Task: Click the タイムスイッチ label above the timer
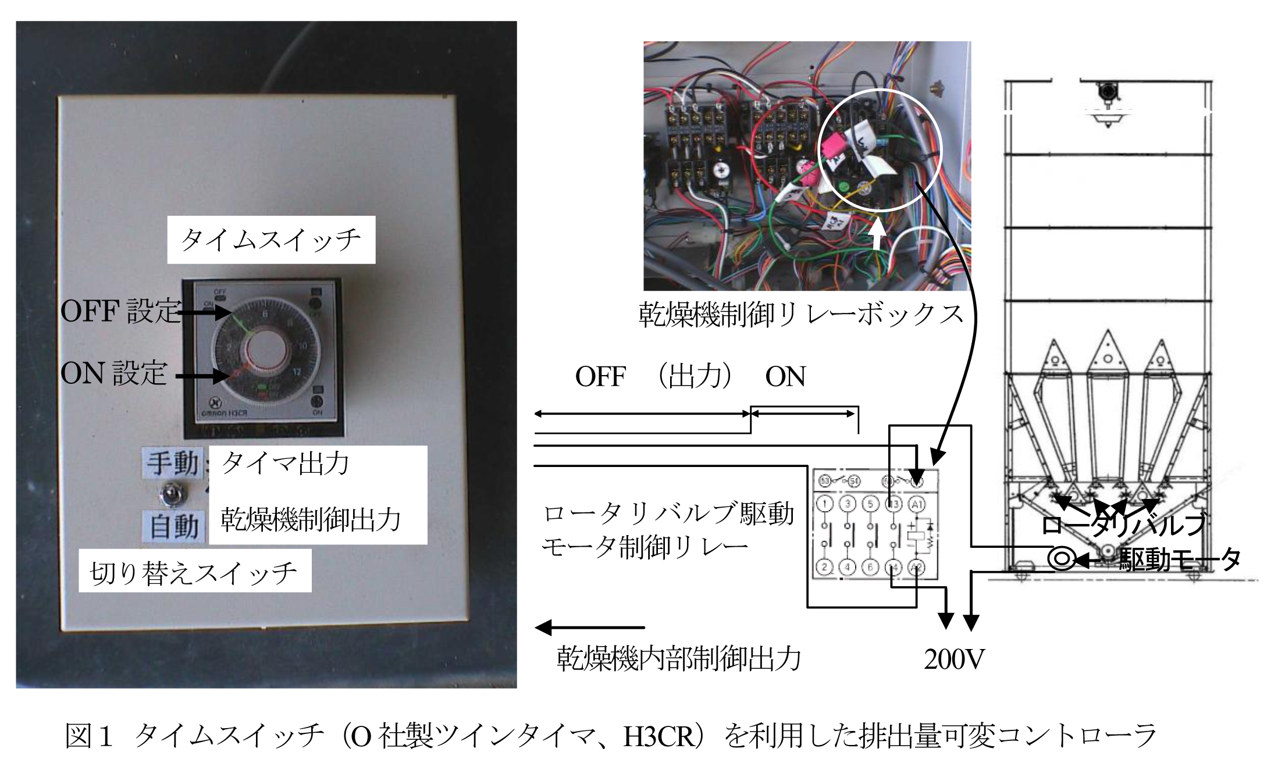click(271, 240)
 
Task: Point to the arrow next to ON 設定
click(202, 376)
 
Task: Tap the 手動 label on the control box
click(173, 463)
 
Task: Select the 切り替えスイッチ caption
click(194, 573)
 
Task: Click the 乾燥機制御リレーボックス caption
click(802, 315)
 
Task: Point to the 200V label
click(954, 659)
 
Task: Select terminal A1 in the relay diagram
click(917, 504)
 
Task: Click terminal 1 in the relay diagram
click(825, 504)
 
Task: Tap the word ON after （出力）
click(785, 377)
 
